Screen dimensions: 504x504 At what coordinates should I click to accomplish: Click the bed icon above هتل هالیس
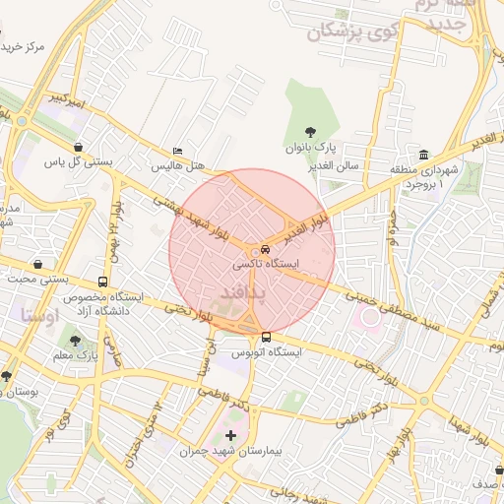coord(177,151)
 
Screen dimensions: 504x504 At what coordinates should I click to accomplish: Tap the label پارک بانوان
coord(311,148)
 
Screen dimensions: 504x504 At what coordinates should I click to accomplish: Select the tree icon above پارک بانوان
coord(311,131)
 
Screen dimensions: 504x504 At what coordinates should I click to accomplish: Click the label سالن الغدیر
coord(360,166)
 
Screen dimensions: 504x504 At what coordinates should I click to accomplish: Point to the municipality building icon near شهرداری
coord(423,156)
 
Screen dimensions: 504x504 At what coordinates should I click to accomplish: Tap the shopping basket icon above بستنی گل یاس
coord(76,146)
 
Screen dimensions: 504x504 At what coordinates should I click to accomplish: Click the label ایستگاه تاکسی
coord(267,266)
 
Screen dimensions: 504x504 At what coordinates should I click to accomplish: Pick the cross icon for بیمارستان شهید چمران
coord(231,435)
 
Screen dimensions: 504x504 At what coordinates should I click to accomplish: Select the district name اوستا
coord(39,316)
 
